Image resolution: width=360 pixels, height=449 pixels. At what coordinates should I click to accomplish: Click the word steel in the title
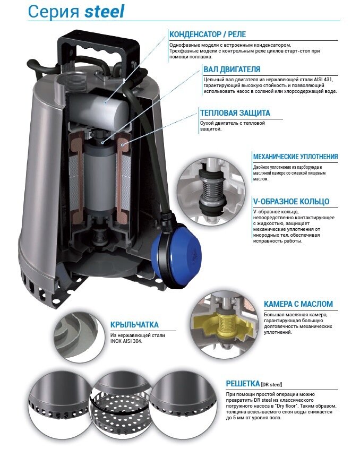[105, 12]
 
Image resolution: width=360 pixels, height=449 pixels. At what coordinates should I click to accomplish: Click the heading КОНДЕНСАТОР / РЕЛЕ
[208, 34]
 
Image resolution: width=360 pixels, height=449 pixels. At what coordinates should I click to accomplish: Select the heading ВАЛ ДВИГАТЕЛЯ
[232, 70]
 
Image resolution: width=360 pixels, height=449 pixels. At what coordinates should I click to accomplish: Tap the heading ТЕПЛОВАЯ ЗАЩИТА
[235, 113]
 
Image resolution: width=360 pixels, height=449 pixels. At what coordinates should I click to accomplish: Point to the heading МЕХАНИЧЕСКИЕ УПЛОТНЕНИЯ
[295, 157]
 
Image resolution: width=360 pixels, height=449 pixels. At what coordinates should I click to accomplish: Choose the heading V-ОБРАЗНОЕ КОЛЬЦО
[291, 202]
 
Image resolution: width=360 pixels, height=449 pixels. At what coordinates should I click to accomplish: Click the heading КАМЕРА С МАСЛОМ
[298, 304]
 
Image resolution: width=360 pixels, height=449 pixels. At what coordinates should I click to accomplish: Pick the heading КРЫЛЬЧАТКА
[134, 325]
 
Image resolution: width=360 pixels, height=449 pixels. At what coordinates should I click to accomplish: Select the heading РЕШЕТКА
[243, 383]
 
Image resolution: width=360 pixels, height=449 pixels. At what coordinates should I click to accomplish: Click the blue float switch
[176, 252]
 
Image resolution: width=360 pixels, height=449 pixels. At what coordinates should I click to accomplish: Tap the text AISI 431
[323, 79]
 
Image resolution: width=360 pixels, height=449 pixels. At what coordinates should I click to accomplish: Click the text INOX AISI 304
[126, 341]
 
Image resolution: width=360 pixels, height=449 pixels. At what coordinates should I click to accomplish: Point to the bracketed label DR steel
[271, 384]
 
